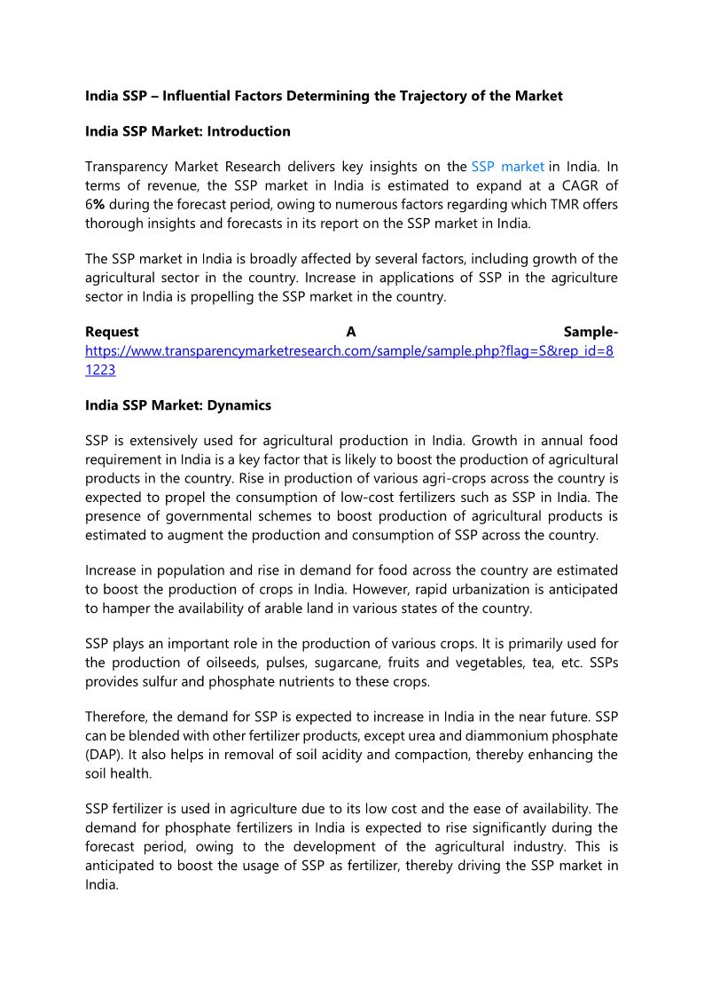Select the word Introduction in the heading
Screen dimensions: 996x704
[x=248, y=131]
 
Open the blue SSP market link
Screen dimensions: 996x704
[x=507, y=167]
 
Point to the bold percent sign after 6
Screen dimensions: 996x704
[x=100, y=205]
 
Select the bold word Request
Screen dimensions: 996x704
[x=112, y=333]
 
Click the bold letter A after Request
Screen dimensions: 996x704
[x=351, y=333]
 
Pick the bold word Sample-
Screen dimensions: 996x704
[x=591, y=333]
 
